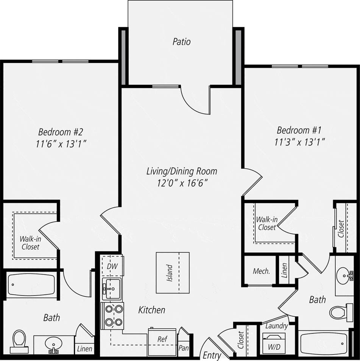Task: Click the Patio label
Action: [181, 42]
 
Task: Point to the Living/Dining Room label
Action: [182, 171]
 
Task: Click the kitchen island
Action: [173, 272]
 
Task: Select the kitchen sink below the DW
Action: [112, 288]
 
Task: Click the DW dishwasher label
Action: [112, 266]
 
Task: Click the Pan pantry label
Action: [184, 348]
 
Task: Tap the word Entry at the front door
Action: [212, 355]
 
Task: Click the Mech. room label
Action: [261, 271]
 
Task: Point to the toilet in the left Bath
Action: [19, 338]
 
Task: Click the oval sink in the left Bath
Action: [53, 344]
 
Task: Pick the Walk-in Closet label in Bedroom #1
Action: [266, 223]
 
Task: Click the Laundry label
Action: [276, 326]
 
